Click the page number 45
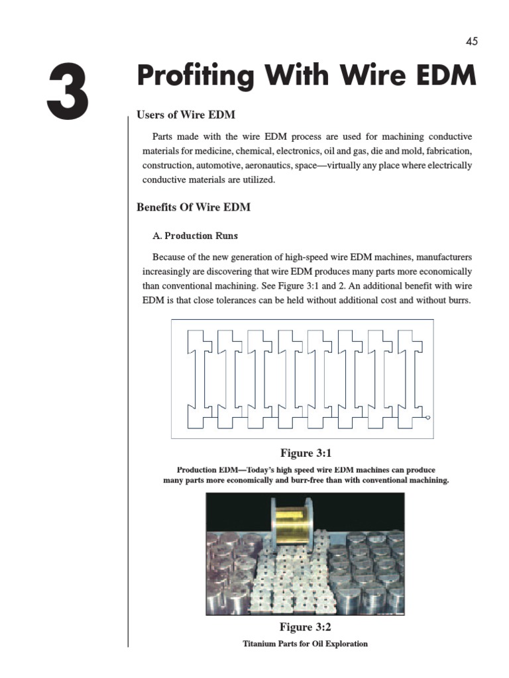[x=471, y=41]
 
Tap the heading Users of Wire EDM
[x=186, y=115]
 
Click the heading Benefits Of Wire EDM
[x=194, y=207]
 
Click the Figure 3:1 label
[x=306, y=454]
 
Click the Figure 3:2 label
[x=306, y=626]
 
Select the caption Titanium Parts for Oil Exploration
[x=305, y=644]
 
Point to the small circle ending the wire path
[x=427, y=418]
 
